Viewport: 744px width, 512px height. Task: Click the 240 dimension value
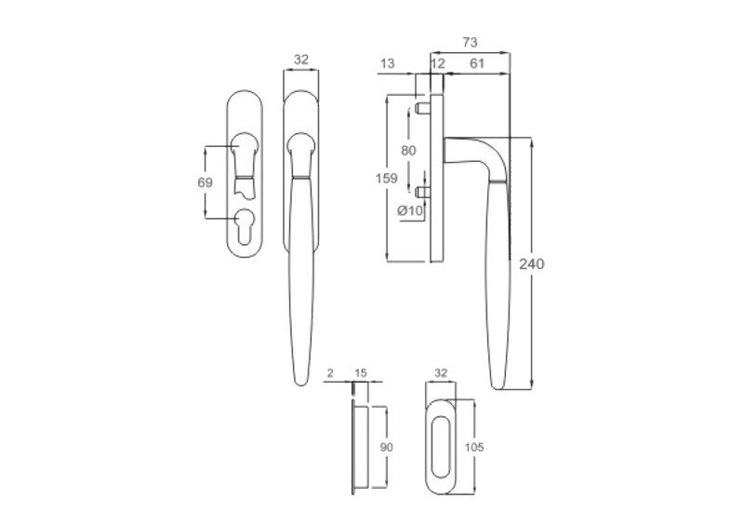(531, 263)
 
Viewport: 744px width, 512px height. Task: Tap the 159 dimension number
(387, 179)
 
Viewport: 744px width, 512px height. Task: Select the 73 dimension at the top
(470, 43)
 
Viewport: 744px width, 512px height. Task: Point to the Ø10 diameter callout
(410, 210)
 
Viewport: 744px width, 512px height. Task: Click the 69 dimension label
(205, 182)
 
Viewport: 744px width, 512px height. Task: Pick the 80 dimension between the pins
(408, 151)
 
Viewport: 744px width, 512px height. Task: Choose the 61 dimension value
(477, 63)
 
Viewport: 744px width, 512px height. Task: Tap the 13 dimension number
(388, 63)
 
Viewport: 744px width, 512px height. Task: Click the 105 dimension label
(474, 447)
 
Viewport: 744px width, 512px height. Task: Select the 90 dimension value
(387, 447)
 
